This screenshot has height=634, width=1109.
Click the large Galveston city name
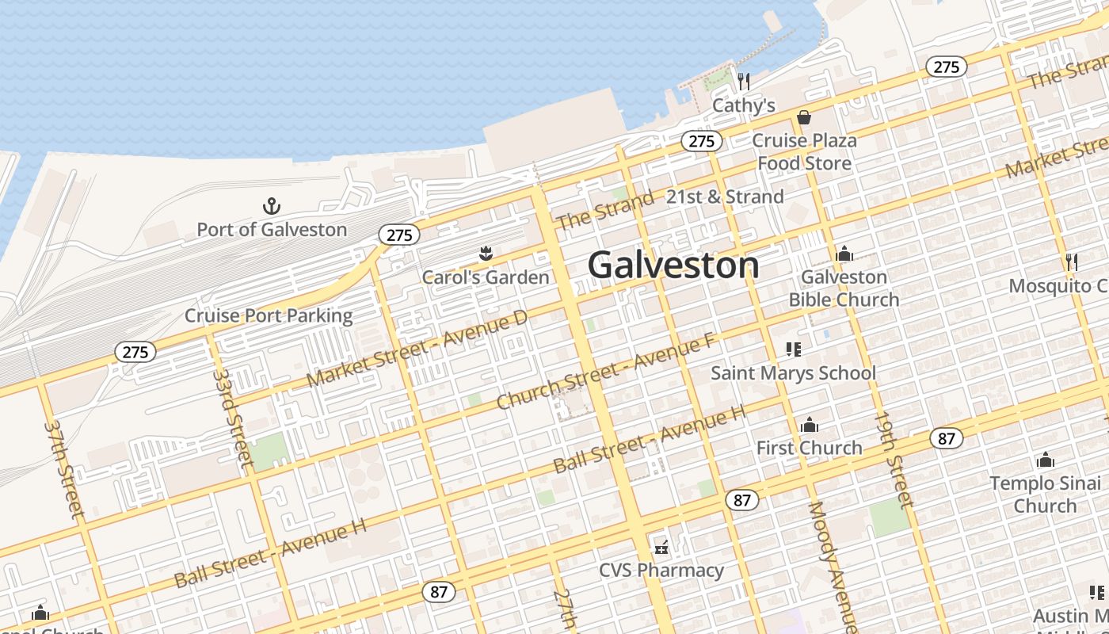(x=673, y=265)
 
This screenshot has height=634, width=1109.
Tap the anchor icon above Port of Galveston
(x=272, y=207)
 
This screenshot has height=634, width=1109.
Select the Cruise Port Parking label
(x=269, y=315)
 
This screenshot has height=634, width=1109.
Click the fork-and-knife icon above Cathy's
(x=743, y=81)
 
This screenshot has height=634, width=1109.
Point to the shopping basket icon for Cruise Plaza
(x=804, y=117)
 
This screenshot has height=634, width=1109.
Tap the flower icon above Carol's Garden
(x=486, y=254)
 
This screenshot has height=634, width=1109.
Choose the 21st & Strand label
(x=725, y=197)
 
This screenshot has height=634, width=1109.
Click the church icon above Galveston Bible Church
(x=844, y=254)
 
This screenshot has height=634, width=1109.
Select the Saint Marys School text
(x=793, y=372)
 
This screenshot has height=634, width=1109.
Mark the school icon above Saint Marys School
(x=793, y=349)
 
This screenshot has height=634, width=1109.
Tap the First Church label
(x=809, y=448)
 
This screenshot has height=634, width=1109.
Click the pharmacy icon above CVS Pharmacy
(x=661, y=547)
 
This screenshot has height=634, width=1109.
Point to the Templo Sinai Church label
(x=1045, y=494)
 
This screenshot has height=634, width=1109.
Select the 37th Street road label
(x=64, y=469)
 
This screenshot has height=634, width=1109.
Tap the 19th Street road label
(x=894, y=459)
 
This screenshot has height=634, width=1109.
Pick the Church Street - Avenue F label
(x=606, y=372)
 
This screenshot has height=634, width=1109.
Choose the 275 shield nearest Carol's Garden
(x=399, y=235)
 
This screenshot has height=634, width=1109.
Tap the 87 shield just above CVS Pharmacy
(x=741, y=500)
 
